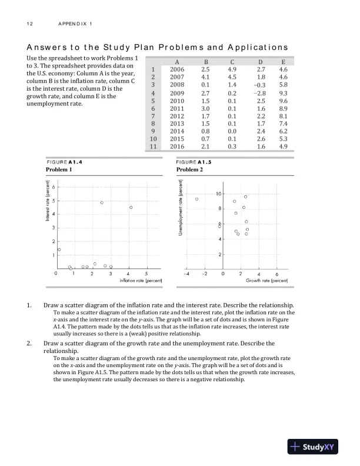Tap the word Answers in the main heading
[x=46, y=47]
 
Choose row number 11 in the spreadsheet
[x=152, y=147]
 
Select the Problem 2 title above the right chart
[x=189, y=169]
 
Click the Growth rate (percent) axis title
[x=266, y=281]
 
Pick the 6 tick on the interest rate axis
[x=54, y=187]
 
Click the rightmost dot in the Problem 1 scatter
[x=131, y=208]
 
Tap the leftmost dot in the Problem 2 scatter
[x=197, y=199]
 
